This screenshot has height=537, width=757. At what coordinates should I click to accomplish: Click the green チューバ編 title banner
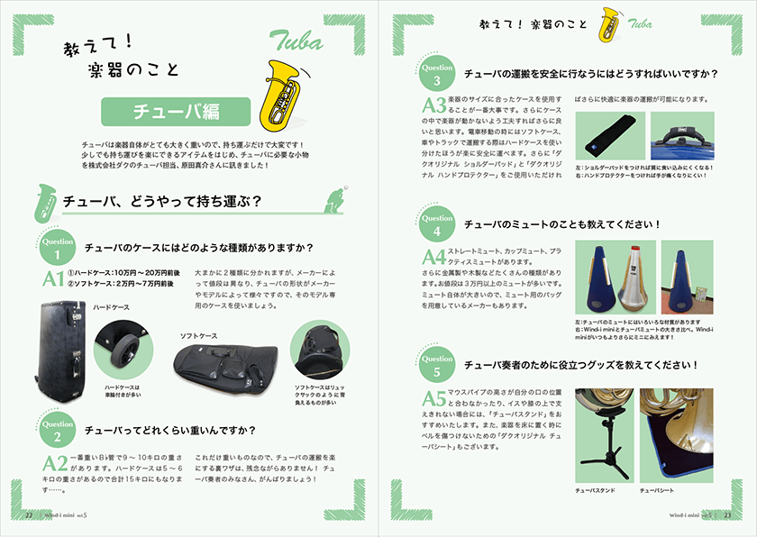(x=176, y=113)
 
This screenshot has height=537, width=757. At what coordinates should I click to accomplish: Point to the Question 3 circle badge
(x=437, y=73)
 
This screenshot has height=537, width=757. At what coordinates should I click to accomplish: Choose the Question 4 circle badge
(x=437, y=223)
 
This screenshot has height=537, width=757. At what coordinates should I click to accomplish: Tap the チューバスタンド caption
(x=597, y=491)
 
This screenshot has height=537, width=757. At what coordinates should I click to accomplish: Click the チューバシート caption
(x=658, y=491)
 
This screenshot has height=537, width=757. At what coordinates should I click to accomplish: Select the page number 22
(x=29, y=514)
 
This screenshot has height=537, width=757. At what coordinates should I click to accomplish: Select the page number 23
(x=726, y=514)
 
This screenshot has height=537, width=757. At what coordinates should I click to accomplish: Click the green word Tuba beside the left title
(x=293, y=40)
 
